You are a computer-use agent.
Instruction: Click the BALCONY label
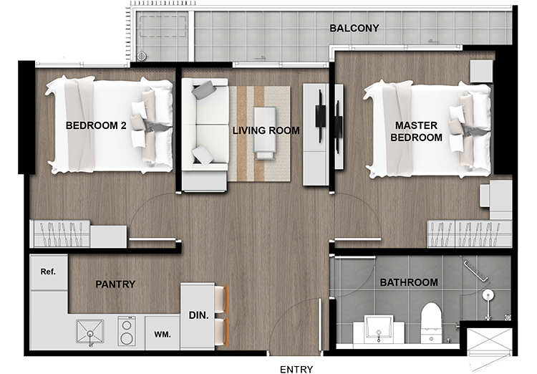coord(354,28)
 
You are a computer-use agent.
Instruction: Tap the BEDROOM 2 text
coord(96,125)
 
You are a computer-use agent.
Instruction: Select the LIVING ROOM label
coord(266,130)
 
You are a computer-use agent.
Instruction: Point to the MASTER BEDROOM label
coord(416,131)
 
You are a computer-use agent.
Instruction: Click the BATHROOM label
coord(409,282)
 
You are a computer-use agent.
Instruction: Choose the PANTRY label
coord(115,284)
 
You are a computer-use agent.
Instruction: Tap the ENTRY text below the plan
coord(296,369)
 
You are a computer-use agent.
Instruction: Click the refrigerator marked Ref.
coord(48,272)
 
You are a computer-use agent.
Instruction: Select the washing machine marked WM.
coord(163,333)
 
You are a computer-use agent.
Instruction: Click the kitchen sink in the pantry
coord(89,332)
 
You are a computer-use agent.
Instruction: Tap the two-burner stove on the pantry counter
coord(127,331)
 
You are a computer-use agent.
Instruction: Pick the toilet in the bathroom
coord(431,322)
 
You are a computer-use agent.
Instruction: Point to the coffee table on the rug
coord(264,133)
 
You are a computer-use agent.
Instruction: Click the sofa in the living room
coord(205,135)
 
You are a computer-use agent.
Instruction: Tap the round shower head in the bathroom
coord(488,294)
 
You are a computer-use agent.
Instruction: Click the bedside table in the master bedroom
coord(481,71)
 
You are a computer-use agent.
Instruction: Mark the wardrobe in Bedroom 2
coord(60,234)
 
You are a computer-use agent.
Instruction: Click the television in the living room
coord(321,117)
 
